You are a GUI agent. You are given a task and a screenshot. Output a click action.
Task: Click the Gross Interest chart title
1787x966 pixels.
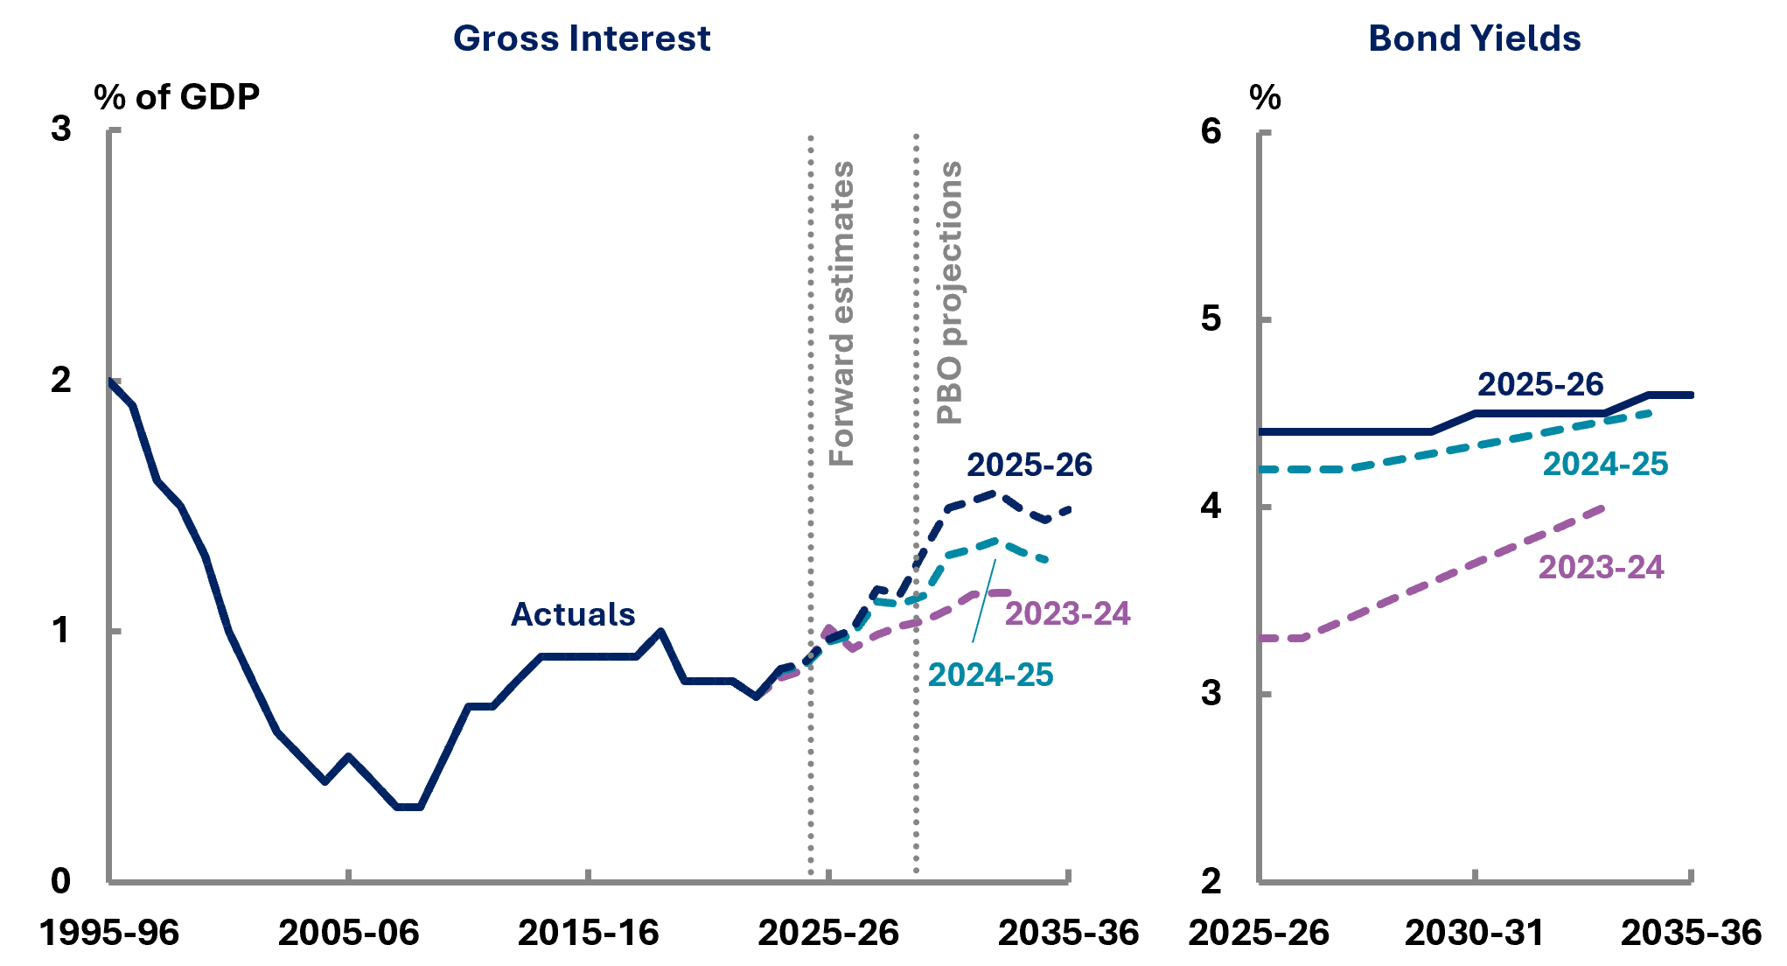click(581, 38)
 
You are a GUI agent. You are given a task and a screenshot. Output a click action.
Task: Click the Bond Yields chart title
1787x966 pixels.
click(1474, 38)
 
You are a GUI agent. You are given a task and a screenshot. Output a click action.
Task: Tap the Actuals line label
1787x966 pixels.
click(572, 614)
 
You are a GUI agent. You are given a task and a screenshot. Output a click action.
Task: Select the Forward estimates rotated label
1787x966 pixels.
click(841, 313)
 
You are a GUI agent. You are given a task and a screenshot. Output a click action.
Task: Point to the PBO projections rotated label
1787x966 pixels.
click(949, 292)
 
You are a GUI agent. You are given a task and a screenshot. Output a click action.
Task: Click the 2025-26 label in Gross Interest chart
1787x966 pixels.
click(1029, 465)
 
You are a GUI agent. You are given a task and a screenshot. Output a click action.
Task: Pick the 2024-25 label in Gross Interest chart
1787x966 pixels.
click(990, 675)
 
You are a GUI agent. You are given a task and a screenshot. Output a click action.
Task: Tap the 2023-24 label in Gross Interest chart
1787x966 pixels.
click(1067, 613)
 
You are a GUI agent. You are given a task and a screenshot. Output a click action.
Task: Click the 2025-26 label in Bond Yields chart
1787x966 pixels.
click(1540, 384)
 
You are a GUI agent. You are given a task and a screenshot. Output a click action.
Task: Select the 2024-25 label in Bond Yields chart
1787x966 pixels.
click(1605, 464)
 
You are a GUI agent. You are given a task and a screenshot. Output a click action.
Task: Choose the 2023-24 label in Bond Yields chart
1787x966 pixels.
click(1601, 567)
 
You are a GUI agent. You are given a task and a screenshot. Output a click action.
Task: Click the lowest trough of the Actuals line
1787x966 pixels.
click(408, 807)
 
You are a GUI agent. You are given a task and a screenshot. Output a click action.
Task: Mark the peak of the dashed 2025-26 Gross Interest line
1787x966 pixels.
click(995, 493)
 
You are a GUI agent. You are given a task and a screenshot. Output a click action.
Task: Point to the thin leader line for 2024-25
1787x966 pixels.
click(983, 604)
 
